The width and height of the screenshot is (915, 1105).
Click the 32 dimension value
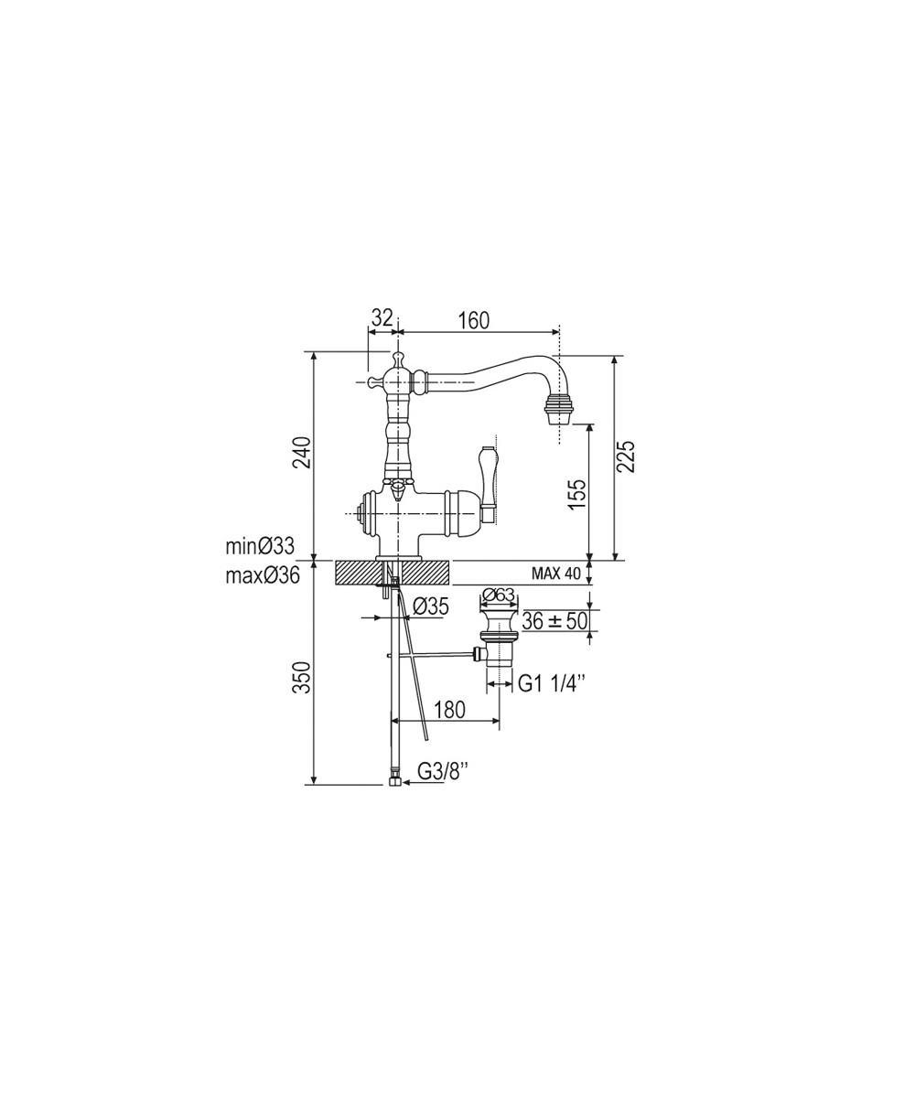point(382,318)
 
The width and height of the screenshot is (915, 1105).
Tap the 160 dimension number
point(474,320)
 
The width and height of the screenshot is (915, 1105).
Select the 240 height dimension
point(303,453)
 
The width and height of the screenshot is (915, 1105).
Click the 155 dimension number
point(577,495)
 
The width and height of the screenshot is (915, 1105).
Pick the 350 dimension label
point(303,678)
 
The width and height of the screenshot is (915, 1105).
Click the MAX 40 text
point(556,573)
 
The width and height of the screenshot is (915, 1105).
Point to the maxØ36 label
point(263,574)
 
